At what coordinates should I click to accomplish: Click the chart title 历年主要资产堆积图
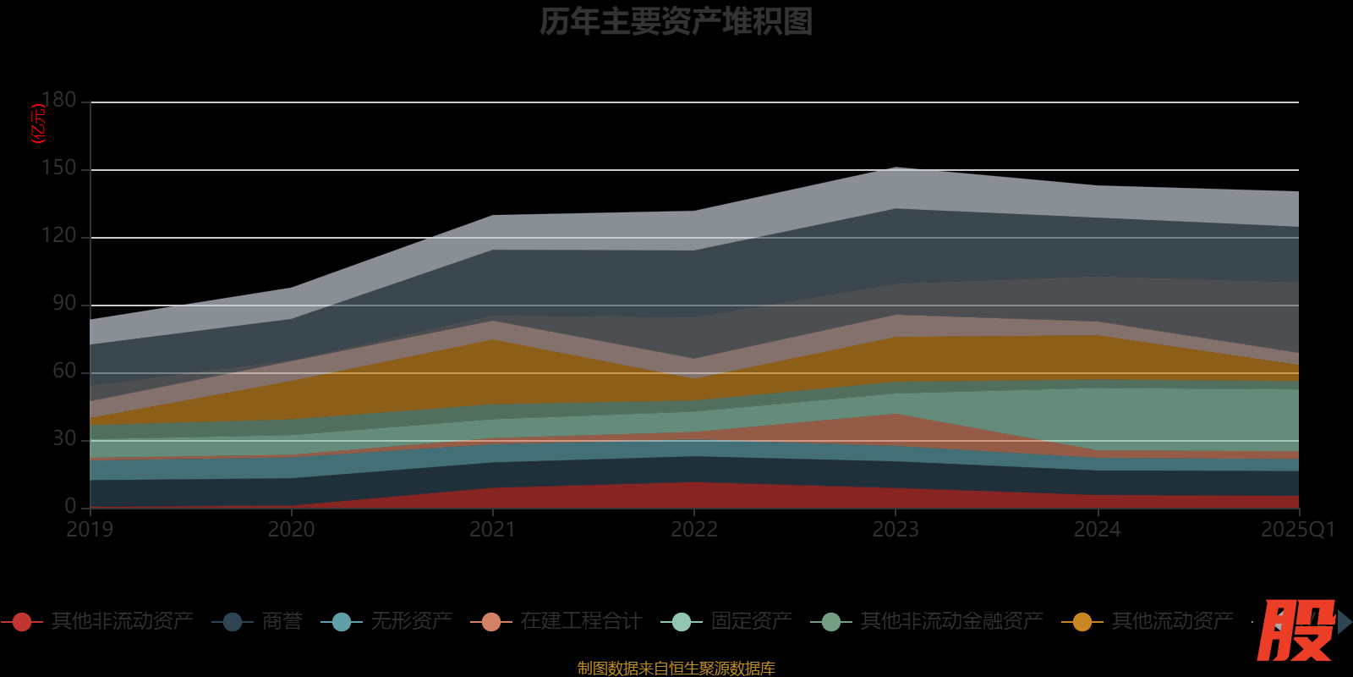tap(676, 21)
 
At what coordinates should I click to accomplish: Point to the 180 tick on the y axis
tap(59, 100)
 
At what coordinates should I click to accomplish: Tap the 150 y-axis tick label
tap(59, 168)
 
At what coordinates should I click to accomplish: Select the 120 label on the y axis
tap(59, 235)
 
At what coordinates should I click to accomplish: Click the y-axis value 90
tap(64, 303)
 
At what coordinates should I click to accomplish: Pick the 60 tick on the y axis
tap(64, 371)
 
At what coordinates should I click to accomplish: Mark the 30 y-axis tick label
tap(64, 438)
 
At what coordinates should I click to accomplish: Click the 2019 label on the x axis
tap(90, 530)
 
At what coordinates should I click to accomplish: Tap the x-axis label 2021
tap(493, 530)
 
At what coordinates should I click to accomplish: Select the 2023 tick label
tap(896, 530)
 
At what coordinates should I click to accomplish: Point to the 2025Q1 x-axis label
tap(1297, 530)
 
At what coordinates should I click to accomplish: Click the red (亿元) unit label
tap(38, 124)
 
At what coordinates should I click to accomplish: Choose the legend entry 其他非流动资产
tap(122, 621)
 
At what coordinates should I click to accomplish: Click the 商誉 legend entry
tap(282, 621)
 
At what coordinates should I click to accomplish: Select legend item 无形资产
tap(411, 621)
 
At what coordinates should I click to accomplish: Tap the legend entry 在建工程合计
tap(581, 621)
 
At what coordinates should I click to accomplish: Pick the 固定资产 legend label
tap(751, 621)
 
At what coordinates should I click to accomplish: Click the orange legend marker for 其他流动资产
tap(1082, 622)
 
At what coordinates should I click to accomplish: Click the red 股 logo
tap(1295, 630)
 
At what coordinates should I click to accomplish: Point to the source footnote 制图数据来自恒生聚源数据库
tap(676, 669)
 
